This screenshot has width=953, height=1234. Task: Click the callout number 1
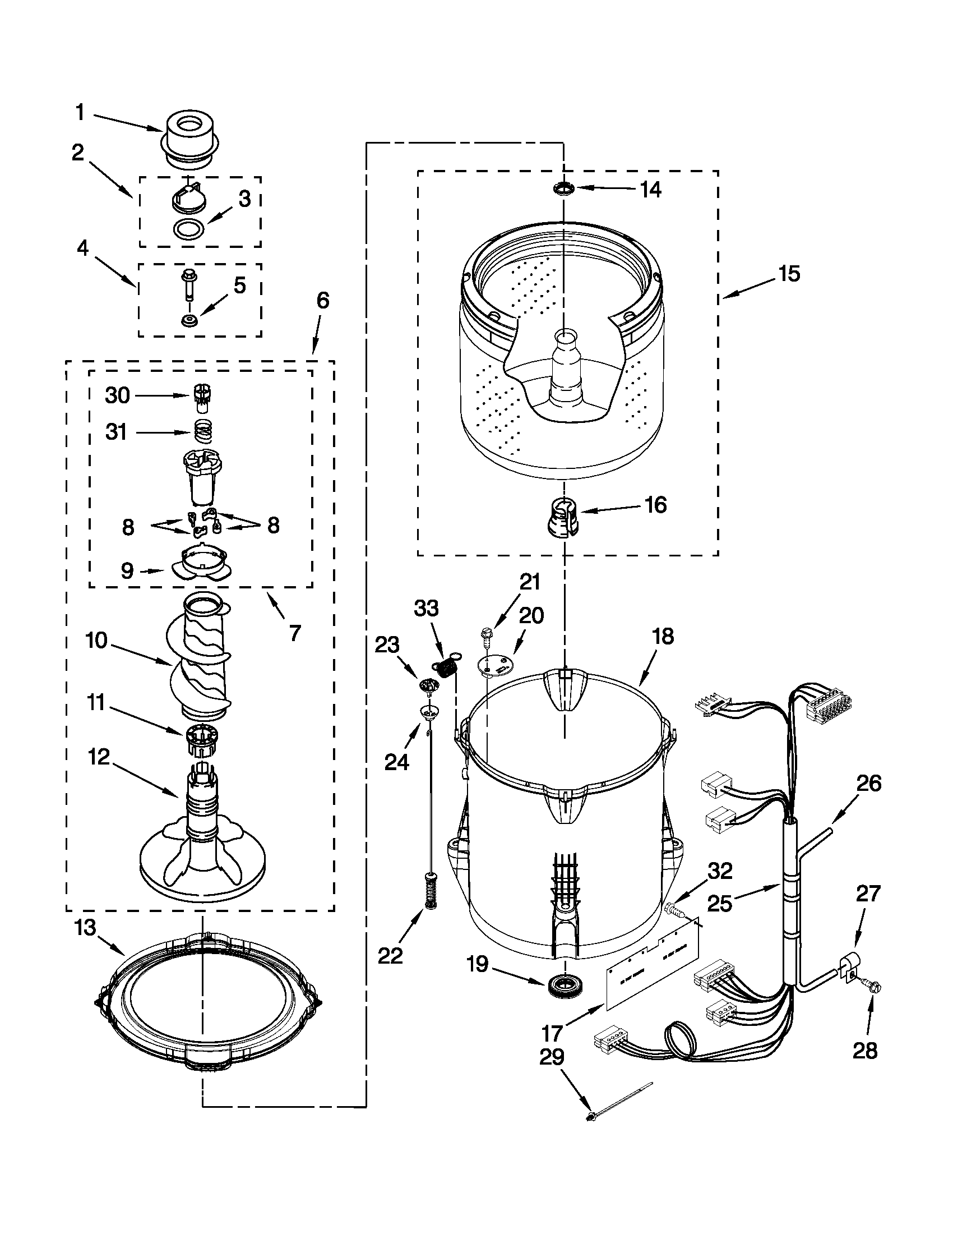80,112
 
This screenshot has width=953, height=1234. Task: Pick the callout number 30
117,395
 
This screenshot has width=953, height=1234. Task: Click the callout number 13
86,928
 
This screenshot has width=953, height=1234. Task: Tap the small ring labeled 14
563,188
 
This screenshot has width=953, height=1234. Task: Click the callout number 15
789,274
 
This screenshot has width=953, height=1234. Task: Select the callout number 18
663,637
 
